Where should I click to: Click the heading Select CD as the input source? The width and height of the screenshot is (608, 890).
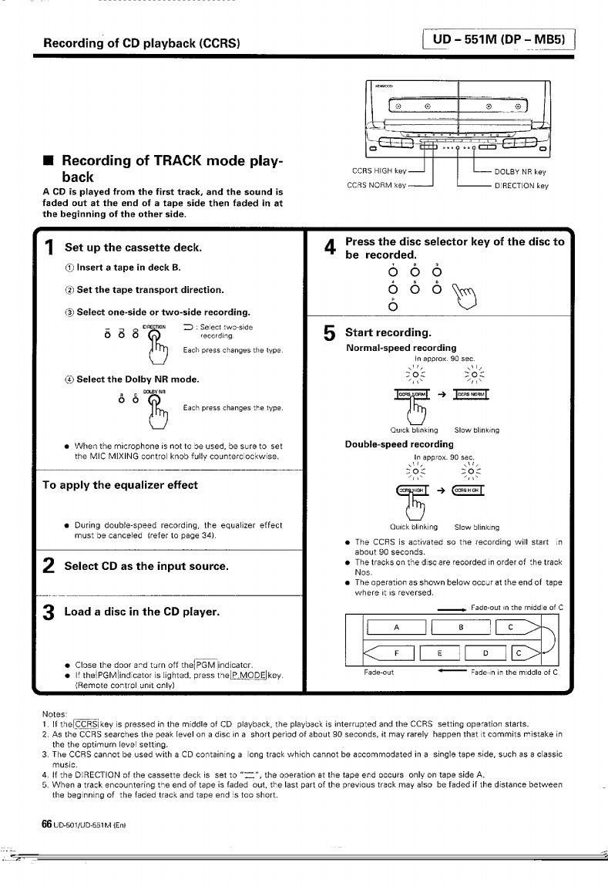[x=146, y=566]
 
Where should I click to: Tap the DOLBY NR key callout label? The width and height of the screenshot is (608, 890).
[x=520, y=172]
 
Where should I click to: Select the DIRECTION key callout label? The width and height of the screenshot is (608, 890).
[x=521, y=185]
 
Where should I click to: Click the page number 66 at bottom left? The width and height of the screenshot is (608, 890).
[x=46, y=802]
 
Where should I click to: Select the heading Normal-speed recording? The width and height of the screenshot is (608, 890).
[x=401, y=348]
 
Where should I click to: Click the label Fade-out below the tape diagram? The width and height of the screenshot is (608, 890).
[x=378, y=672]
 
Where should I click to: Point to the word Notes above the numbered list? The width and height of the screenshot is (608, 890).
[x=55, y=713]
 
